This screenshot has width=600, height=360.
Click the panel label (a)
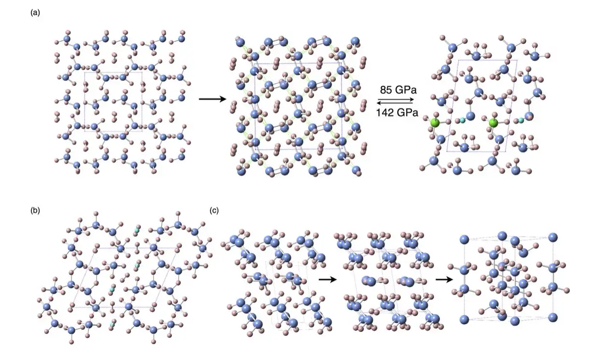coord(35,13)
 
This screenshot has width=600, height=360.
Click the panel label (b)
coord(35,211)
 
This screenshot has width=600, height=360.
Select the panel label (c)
coord(214,211)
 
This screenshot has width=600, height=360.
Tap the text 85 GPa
coord(398,90)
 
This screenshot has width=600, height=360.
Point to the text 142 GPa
coord(397,113)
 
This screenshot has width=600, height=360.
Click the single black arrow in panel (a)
coord(213,99)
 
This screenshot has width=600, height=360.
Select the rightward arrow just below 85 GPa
coord(396,100)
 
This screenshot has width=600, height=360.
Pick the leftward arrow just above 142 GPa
coord(396,103)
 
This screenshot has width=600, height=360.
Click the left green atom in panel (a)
coord(435,123)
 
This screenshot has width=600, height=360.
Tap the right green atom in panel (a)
coord(493,123)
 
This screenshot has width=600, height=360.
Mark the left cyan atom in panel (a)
coord(462,120)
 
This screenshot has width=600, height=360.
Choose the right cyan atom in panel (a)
coord(521,120)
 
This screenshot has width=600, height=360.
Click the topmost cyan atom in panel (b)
coord(137,230)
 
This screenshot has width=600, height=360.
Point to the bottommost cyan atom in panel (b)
coord(112,325)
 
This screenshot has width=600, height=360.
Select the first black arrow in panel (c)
coord(328,280)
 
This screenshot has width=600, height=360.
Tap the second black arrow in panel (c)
coord(444,280)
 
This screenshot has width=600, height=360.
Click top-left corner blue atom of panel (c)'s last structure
coord(464,239)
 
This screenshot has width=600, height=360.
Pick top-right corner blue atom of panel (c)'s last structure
coord(553,237)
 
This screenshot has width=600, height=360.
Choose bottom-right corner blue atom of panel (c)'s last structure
coord(553,317)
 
